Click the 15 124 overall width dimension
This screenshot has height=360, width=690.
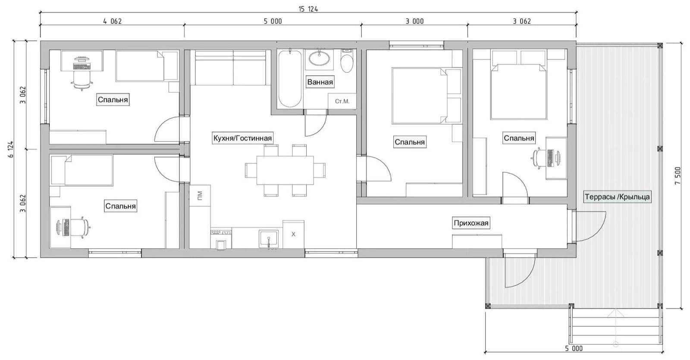[308, 9]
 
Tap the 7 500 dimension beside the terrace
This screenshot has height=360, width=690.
[677, 175]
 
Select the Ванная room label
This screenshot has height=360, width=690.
[320, 82]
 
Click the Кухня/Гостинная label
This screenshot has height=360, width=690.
[242, 138]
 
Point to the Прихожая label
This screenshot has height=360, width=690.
[471, 222]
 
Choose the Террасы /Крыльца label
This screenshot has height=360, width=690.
[617, 197]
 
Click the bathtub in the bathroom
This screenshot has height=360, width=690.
[290, 79]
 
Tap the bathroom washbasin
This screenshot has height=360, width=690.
[319, 59]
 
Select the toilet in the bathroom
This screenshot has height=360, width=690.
[347, 61]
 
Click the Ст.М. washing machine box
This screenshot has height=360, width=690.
[342, 101]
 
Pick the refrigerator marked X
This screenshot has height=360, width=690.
[294, 234]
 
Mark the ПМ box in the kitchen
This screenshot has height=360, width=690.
[200, 196]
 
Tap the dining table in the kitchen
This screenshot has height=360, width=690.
[285, 170]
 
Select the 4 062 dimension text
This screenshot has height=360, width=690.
[113, 21]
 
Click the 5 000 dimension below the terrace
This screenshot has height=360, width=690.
[574, 348]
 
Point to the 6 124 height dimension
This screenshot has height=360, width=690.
[11, 149]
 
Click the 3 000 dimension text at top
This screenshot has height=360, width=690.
[414, 21]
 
